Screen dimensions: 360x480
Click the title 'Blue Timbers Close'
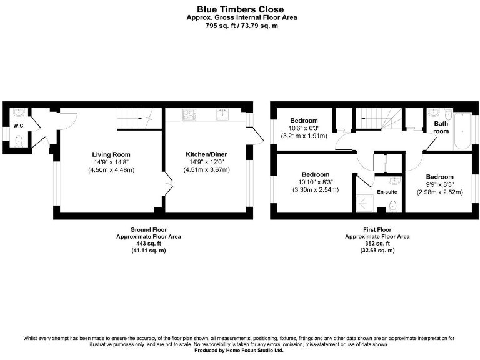pyautogui.click(x=240, y=9)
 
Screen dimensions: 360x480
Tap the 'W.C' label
pyautogui.click(x=19, y=126)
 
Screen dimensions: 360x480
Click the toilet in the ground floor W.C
pyautogui.click(x=19, y=141)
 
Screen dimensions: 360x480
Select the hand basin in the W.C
pyautogui.click(x=19, y=113)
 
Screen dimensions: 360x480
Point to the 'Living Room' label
pyautogui.click(x=111, y=154)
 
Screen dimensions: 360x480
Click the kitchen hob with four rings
pyautogui.click(x=189, y=115)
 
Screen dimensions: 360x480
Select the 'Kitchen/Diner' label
pyautogui.click(x=206, y=154)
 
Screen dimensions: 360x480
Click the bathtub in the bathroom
pyautogui.click(x=462, y=131)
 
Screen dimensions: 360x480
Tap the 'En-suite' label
pyautogui.click(x=387, y=191)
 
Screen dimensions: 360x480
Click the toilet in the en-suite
pyautogui.click(x=392, y=206)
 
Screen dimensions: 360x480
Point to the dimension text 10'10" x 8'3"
pyautogui.click(x=316, y=182)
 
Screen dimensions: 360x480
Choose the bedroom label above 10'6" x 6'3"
pyautogui.click(x=304, y=121)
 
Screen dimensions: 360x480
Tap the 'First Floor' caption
pyautogui.click(x=377, y=229)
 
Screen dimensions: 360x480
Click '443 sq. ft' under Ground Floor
pyautogui.click(x=148, y=244)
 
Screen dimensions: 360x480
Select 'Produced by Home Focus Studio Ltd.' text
pyautogui.click(x=240, y=351)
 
